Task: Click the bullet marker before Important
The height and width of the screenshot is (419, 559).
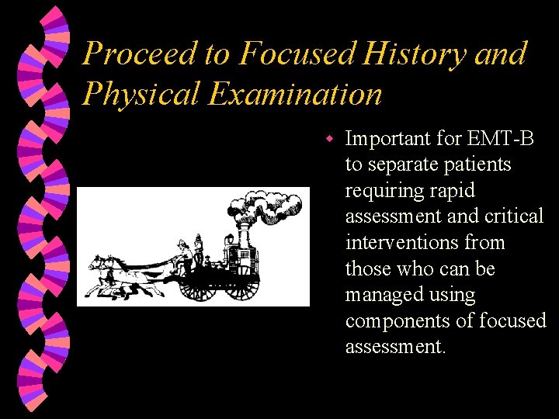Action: pyautogui.click(x=329, y=139)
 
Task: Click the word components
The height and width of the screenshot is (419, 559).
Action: pyautogui.click(x=394, y=320)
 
